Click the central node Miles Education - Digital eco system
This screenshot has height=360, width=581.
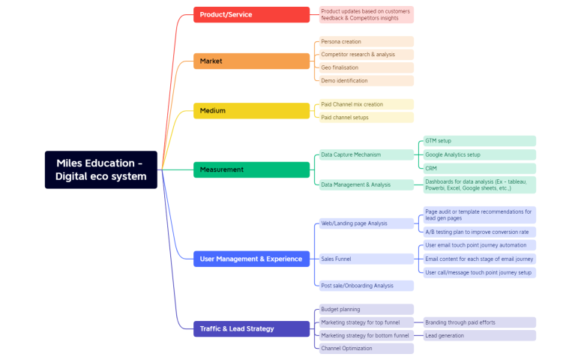click(100, 169)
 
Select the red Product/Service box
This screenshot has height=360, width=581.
click(251, 14)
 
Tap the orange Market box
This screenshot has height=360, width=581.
click(251, 61)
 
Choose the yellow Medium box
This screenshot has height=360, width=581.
click(251, 111)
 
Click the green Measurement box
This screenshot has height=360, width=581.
click(251, 169)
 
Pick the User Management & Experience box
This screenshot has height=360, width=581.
click(251, 259)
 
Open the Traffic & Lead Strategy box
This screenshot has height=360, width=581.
click(251, 328)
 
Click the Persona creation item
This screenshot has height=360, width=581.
click(363, 42)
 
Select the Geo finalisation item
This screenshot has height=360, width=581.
click(363, 67)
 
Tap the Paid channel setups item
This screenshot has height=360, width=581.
click(363, 117)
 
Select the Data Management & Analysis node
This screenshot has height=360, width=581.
click(363, 184)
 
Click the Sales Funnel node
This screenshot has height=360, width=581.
click(363, 259)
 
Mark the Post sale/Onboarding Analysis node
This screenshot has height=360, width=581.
click(363, 286)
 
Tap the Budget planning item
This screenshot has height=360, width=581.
click(363, 309)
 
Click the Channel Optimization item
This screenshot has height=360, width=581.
click(363, 349)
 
